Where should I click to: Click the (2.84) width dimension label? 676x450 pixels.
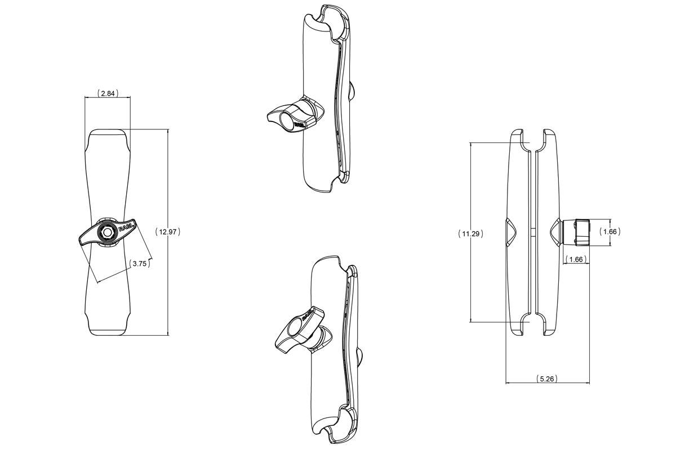[108, 93]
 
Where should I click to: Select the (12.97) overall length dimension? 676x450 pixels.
[168, 231]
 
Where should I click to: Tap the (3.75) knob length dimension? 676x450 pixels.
[140, 263]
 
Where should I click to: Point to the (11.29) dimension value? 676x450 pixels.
[470, 233]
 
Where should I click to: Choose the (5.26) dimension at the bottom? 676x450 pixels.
[546, 379]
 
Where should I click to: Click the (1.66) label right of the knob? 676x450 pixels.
[609, 232]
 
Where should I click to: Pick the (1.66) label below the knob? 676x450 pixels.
[576, 259]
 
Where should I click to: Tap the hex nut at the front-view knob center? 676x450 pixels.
[106, 232]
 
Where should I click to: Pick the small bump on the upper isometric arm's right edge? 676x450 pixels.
[352, 90]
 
